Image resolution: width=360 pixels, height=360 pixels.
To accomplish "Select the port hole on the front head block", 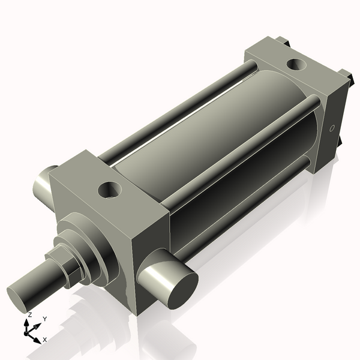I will [x=110, y=191].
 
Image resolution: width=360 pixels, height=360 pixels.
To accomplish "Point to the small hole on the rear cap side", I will [x=332, y=128].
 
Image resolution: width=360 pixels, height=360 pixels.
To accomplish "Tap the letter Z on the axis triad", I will [x=29, y=314].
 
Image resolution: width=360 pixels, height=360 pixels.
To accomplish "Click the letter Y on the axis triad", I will [x=45, y=319].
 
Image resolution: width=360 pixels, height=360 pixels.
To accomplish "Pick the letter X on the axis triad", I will [x=45, y=340].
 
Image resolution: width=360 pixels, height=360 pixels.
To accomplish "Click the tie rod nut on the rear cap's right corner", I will [x=345, y=75].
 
